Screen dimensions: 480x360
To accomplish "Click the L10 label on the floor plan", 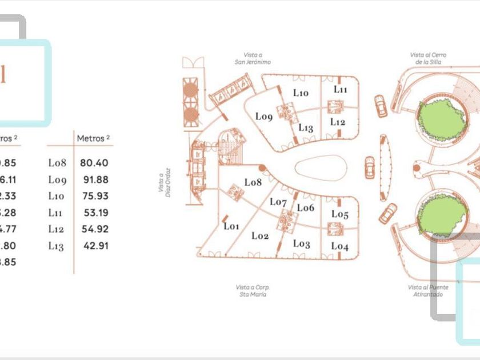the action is point(301,93).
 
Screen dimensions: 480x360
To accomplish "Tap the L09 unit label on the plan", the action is point(264,117).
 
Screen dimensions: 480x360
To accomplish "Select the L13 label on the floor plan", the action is point(306,128).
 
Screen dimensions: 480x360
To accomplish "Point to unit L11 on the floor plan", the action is point(341,90).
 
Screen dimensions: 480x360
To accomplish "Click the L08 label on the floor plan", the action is point(253,182).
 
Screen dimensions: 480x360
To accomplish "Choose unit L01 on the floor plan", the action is point(231,226).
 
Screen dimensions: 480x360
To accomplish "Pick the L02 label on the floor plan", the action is point(260,235).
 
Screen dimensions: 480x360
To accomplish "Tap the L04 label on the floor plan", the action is point(340,247).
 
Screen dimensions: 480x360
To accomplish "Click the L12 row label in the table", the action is point(57,230).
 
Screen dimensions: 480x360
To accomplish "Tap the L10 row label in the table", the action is point(57,197).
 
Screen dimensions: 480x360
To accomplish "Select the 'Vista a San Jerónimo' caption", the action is point(252,59).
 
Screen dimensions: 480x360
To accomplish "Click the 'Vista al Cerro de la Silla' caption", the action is point(428,58).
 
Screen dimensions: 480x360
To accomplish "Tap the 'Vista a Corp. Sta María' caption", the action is point(251,290).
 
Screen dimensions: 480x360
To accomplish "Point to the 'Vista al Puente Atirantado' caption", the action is point(428,290).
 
